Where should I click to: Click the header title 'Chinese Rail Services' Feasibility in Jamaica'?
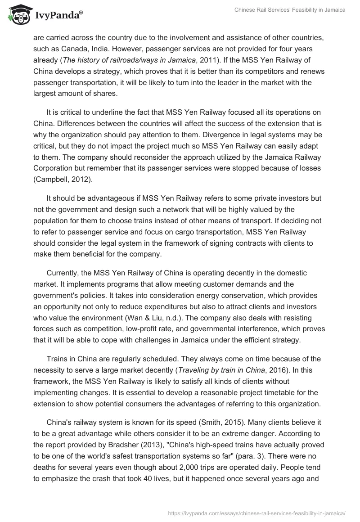click(x=290, y=10)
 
